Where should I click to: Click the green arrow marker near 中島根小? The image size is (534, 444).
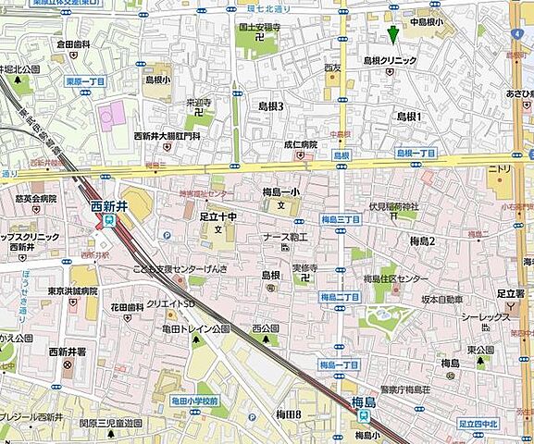393,34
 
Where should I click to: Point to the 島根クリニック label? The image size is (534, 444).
390,60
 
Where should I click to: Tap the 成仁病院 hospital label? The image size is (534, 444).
301,144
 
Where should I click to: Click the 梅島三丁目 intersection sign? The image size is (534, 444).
341,220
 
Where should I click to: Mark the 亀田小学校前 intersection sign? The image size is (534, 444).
193,401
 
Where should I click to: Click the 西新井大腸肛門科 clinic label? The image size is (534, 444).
167,136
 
